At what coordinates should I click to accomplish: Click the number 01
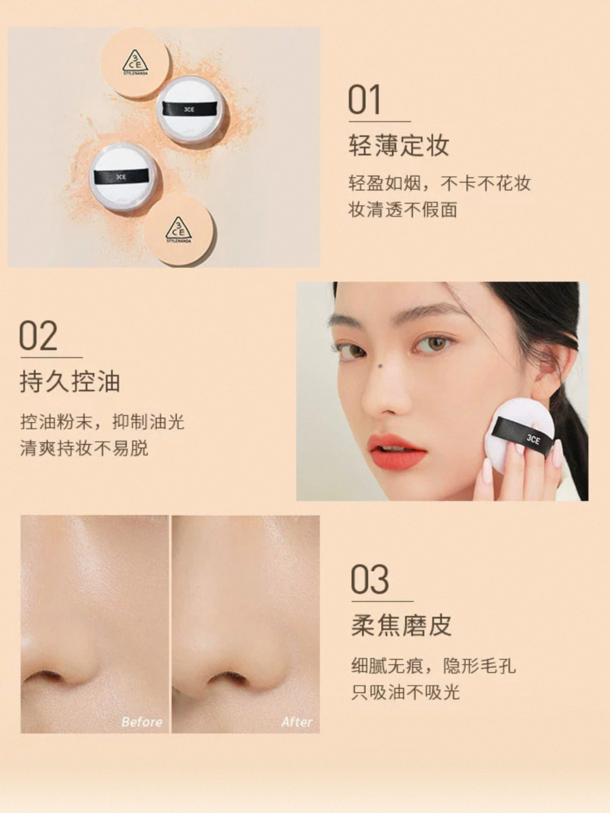(x=364, y=100)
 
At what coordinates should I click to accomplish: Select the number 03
(x=369, y=579)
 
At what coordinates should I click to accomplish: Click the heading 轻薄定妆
(x=399, y=145)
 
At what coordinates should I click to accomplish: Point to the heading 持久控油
(x=70, y=382)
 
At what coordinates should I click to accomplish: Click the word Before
(x=141, y=722)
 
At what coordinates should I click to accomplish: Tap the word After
(x=297, y=722)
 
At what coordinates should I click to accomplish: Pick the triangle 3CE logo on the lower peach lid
(x=178, y=230)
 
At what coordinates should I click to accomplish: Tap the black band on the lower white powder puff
(x=121, y=176)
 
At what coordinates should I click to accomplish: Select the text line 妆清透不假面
(x=403, y=209)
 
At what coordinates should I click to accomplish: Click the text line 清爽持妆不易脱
(x=84, y=448)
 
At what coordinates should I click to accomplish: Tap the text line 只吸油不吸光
(x=405, y=692)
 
